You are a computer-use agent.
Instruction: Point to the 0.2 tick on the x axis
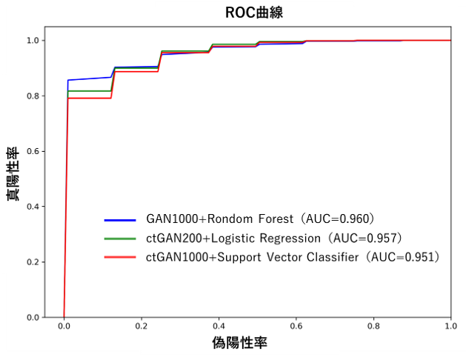tap(142, 326)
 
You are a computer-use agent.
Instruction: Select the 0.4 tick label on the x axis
tap(219, 326)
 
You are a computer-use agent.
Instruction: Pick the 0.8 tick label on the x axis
tap(373, 326)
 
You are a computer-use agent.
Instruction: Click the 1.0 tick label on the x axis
tap(450, 326)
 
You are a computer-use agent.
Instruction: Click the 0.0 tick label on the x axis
tap(64, 326)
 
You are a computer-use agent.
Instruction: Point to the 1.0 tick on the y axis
tap(34, 41)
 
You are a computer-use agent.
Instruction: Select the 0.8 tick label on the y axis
tap(34, 96)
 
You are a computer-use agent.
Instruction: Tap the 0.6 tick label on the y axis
tap(34, 152)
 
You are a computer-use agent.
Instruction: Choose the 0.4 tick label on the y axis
tap(34, 207)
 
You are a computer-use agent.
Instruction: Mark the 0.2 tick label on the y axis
tap(34, 262)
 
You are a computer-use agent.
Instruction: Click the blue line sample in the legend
tap(120, 220)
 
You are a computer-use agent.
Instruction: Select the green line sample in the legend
tap(120, 239)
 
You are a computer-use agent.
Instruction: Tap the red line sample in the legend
tap(120, 257)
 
